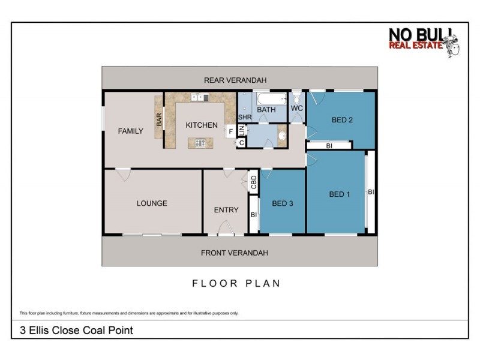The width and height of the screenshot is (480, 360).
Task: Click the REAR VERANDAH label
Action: point(235,80)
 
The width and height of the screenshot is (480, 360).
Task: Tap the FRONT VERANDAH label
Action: point(235,253)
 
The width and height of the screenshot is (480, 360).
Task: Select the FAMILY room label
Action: point(130,131)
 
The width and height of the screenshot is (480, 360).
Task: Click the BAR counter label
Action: point(160,119)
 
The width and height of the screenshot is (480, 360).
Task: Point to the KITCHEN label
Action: point(201,125)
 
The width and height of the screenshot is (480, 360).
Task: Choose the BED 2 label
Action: point(342,120)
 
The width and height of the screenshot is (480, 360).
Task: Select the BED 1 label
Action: point(340,194)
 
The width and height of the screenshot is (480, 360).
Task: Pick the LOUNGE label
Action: point(152,203)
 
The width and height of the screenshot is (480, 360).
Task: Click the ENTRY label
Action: point(226,210)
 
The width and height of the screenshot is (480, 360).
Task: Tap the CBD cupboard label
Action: point(254,182)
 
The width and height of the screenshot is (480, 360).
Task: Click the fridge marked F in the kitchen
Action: point(230,131)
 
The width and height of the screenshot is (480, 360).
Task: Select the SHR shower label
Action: point(244,117)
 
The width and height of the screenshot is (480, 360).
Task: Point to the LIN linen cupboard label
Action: point(241,130)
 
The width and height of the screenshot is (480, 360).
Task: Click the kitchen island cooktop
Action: point(199,143)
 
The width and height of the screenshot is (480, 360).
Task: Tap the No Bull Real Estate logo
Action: point(423,42)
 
